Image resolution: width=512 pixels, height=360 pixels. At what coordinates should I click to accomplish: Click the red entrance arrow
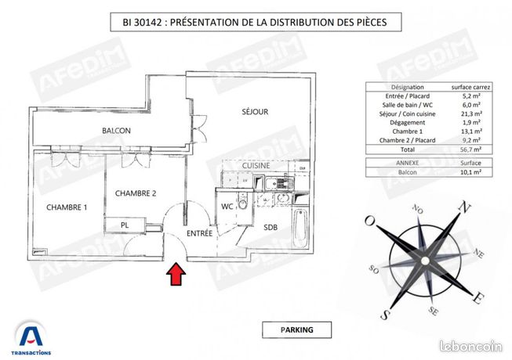(177, 274)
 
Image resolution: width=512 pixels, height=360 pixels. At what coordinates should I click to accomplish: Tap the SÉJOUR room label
(255, 112)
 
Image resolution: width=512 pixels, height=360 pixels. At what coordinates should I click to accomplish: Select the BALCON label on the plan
(115, 130)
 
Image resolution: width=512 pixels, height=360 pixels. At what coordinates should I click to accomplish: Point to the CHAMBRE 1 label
(67, 207)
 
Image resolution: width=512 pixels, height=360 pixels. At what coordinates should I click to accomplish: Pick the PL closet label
(125, 225)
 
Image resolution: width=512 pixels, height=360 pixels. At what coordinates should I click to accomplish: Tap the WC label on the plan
(227, 207)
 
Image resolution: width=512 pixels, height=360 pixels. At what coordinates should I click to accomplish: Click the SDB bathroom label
(271, 228)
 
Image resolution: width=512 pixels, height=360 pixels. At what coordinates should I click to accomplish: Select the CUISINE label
(256, 166)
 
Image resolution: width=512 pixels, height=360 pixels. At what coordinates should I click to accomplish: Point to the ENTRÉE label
(199, 233)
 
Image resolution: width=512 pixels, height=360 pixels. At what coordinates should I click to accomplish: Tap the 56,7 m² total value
(470, 149)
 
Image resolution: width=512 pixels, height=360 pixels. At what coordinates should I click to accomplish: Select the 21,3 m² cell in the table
(470, 114)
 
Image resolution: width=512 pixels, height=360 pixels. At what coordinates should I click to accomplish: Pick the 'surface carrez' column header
(470, 88)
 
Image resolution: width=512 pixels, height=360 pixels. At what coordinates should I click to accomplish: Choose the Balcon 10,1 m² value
(470, 172)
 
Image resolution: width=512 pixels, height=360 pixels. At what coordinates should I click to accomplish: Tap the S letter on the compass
(385, 315)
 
